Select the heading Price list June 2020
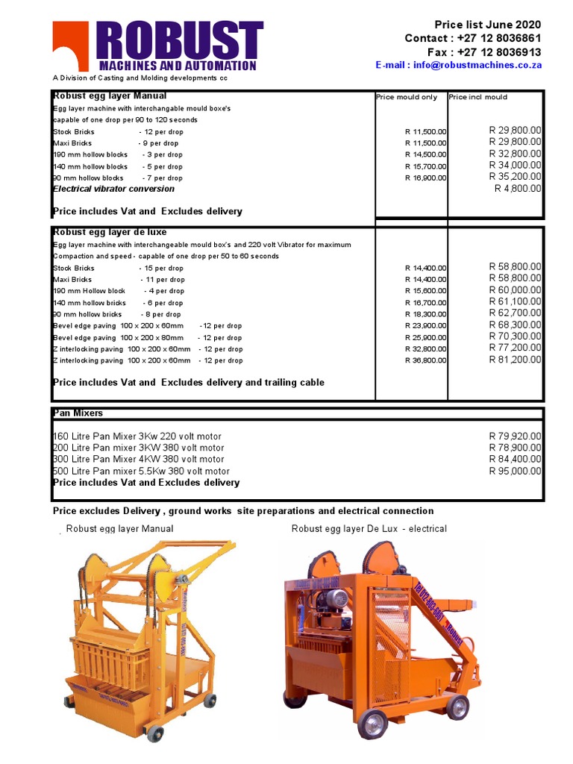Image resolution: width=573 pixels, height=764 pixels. [488, 25]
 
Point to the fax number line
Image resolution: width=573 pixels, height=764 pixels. [484, 51]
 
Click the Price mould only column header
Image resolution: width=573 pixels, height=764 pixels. [407, 97]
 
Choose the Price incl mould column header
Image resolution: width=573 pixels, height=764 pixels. [477, 97]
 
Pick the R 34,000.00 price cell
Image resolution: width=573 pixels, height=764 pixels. [515, 165]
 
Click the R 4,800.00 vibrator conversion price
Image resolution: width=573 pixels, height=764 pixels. [518, 189]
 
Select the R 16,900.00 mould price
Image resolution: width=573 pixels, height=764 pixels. [425, 178]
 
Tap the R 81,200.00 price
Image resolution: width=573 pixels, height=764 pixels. [515, 360]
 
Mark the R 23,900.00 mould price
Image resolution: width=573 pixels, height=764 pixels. [425, 325]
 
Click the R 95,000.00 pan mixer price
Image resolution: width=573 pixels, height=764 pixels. [515, 471]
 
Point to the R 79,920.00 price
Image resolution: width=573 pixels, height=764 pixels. [515, 436]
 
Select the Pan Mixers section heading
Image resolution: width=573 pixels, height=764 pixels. [78, 413]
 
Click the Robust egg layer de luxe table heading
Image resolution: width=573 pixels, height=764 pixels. [110, 232]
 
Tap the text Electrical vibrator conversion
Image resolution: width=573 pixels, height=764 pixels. [113, 189]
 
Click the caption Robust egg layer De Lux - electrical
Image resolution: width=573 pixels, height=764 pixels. [369, 528]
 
